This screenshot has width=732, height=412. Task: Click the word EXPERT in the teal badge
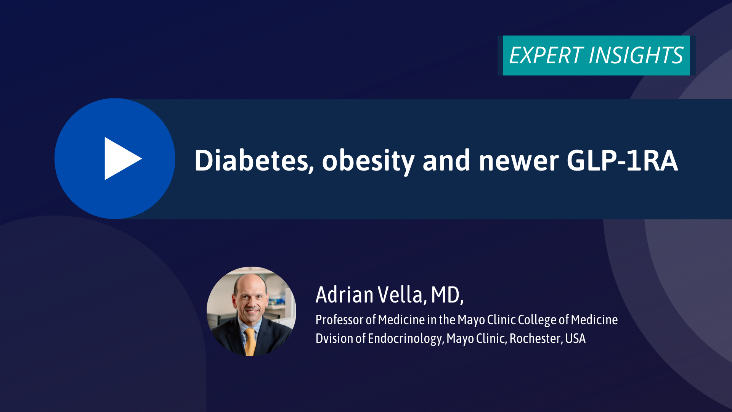[546, 56]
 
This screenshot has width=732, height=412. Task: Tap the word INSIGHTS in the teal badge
[636, 56]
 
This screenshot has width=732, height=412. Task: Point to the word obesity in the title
[368, 162]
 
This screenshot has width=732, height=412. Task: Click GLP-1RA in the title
[622, 161]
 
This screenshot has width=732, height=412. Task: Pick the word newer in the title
[518, 162]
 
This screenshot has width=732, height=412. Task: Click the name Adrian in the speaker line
[345, 295]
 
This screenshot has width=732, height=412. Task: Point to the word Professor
[340, 320]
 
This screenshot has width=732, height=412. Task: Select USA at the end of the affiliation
[575, 338]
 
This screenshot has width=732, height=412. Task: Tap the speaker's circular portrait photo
[251, 311]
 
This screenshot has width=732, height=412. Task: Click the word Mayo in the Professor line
[471, 320]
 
